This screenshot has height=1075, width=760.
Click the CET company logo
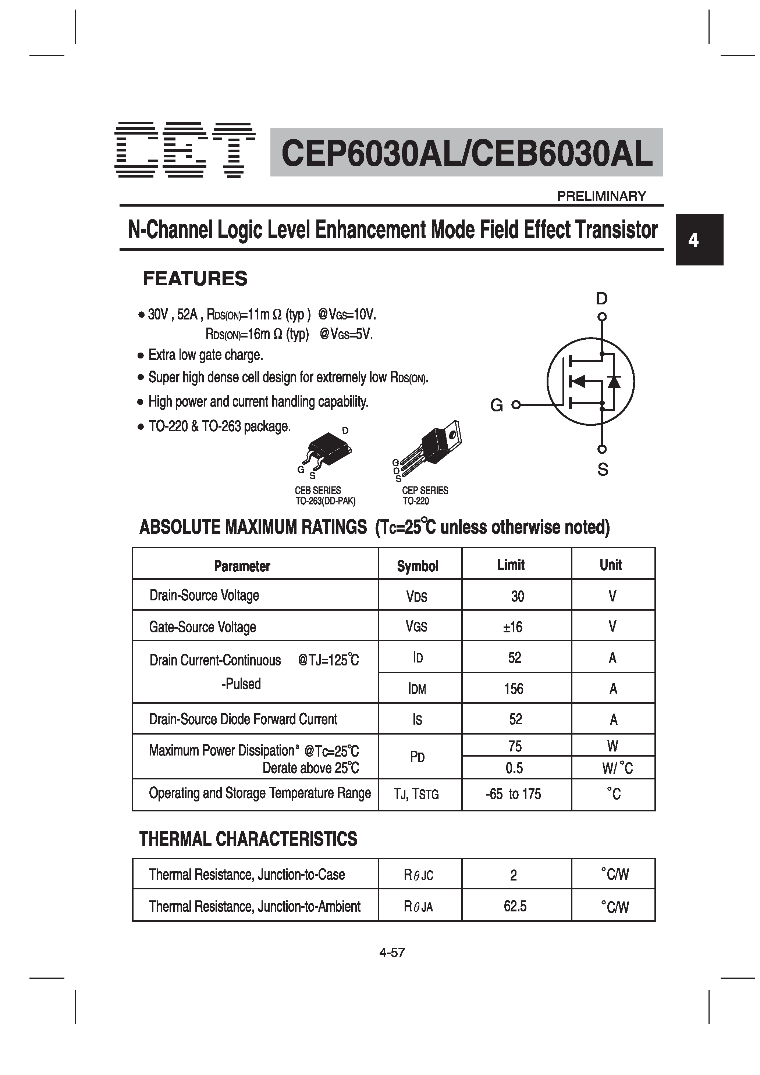click(185, 150)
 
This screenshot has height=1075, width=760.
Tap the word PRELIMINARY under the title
click(601, 196)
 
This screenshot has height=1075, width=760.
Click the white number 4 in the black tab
click(693, 240)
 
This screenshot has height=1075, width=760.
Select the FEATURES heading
click(195, 279)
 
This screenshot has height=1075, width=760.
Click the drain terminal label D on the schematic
click(601, 298)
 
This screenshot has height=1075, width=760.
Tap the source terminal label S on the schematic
click(603, 469)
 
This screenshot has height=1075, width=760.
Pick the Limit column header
click(511, 565)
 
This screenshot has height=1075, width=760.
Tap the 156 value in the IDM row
click(514, 689)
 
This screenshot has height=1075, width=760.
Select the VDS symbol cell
click(416, 596)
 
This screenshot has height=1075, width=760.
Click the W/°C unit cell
click(617, 768)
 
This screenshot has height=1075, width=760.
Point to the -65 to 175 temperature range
click(513, 794)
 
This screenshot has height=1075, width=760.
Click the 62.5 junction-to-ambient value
click(515, 907)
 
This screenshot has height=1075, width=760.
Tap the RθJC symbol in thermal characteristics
click(418, 875)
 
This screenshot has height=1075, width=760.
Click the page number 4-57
click(392, 952)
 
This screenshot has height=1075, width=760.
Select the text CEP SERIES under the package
click(425, 490)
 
